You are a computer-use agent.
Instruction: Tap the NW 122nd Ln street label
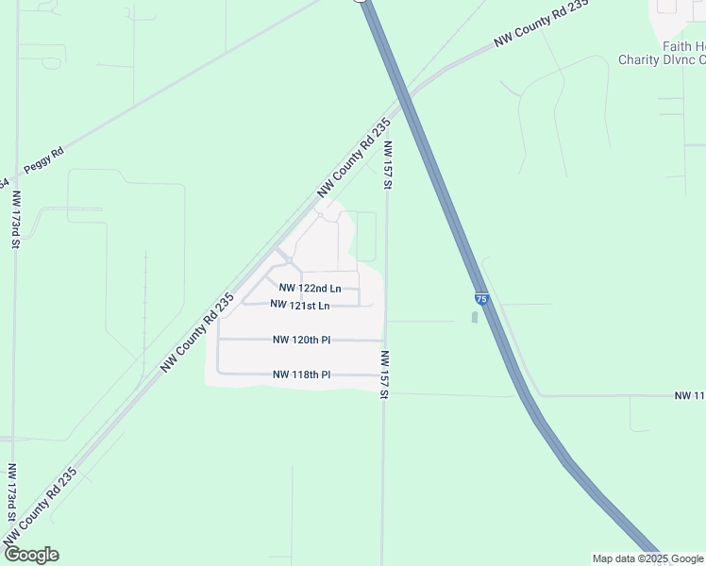(x=310, y=288)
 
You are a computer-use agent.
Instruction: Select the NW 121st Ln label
(x=299, y=305)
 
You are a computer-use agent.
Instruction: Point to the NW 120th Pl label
(x=301, y=340)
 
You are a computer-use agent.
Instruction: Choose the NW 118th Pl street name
(x=301, y=375)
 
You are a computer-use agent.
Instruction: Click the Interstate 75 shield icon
(x=481, y=299)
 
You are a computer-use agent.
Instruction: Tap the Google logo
(x=30, y=555)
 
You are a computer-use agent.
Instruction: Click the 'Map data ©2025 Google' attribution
(x=647, y=558)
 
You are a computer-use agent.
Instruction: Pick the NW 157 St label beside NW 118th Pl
(x=385, y=374)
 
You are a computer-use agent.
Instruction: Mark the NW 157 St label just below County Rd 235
(x=387, y=165)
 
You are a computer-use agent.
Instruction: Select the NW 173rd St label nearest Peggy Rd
(x=16, y=219)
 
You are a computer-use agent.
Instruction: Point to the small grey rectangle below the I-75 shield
(x=474, y=317)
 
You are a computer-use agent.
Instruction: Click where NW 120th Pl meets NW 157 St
(x=384, y=340)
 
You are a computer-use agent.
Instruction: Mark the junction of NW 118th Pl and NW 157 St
(x=383, y=375)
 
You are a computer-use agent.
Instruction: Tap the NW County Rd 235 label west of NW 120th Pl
(x=196, y=333)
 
